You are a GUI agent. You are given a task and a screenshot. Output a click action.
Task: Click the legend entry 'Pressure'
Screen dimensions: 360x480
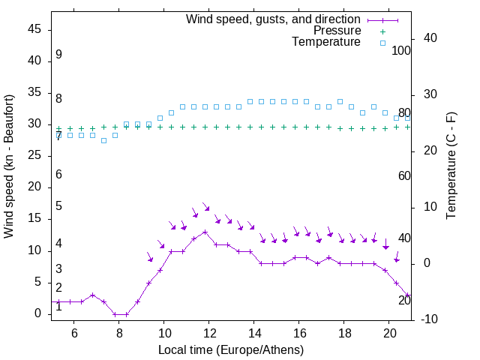coord(337,31)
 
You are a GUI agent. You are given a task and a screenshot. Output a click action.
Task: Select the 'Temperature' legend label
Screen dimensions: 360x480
coord(326,43)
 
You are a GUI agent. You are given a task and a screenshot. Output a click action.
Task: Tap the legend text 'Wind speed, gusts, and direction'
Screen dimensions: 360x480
coord(274,19)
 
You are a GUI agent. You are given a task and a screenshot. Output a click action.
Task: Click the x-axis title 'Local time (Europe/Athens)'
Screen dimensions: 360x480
coord(231,350)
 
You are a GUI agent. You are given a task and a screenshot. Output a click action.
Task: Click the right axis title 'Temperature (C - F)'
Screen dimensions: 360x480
coord(451,166)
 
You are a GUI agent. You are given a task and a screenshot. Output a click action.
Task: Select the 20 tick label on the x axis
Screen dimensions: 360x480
coord(389,333)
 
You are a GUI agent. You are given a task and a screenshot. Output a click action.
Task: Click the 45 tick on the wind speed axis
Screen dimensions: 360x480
coord(34,29)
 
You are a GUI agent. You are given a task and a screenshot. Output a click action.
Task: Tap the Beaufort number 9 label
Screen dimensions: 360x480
coord(58,55)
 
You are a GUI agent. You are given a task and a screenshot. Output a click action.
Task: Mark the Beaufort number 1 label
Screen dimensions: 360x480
coord(58,307)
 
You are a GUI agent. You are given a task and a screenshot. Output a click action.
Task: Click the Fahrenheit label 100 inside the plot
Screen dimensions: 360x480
coord(402,50)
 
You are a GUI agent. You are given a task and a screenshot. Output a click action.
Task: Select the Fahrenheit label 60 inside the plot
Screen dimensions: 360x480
coord(404,175)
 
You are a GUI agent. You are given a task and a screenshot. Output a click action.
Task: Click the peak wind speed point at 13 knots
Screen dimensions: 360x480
coord(205,232)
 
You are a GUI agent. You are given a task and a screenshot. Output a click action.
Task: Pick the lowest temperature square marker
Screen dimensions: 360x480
coord(103,140)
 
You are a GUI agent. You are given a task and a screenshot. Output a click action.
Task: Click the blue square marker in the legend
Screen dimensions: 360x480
coord(382,43)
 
